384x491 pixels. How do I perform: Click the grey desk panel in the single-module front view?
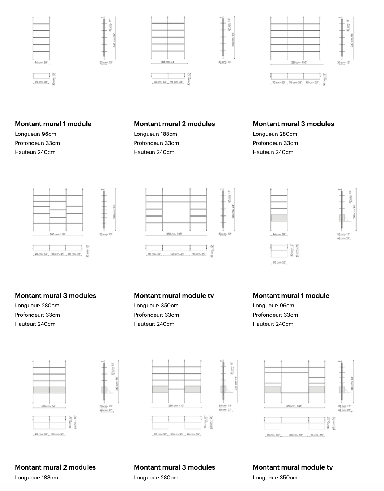(x=279, y=218)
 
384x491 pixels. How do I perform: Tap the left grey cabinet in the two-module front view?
(x=41, y=390)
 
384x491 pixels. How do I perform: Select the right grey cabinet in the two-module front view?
(x=57, y=390)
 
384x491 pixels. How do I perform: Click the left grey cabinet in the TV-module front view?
(x=273, y=389)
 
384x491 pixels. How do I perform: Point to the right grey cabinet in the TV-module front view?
(x=317, y=389)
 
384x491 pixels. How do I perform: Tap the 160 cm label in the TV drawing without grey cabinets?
(x=177, y=254)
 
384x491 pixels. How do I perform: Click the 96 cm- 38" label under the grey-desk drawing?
(x=279, y=234)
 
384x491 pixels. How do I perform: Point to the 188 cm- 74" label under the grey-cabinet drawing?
(x=49, y=406)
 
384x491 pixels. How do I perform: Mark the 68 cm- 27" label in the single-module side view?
(x=343, y=238)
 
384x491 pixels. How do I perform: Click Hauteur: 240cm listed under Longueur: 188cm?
(x=156, y=152)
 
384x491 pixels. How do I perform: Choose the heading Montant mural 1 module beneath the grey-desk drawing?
(x=291, y=295)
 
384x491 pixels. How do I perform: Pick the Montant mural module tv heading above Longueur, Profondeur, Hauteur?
(x=174, y=295)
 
